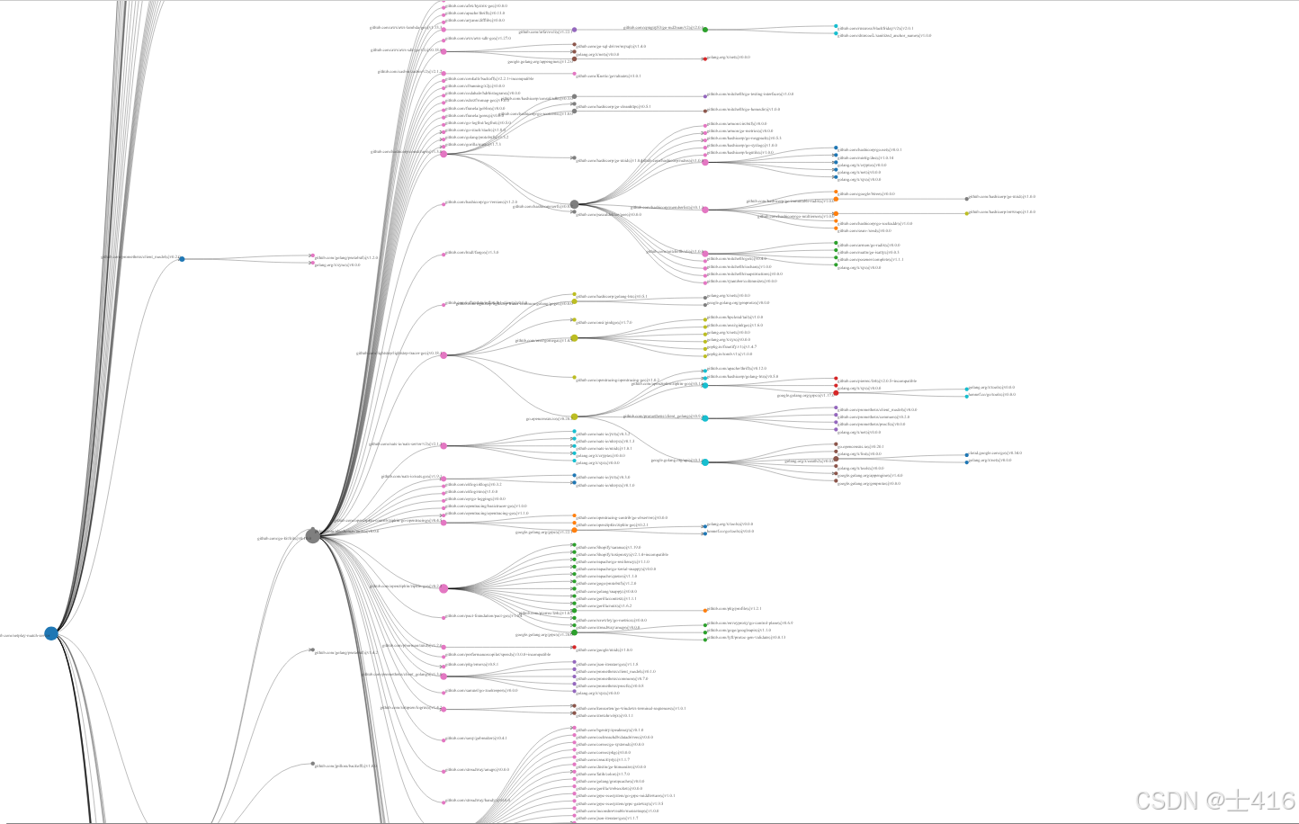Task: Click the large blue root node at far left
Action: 51,633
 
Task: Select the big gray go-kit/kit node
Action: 312,535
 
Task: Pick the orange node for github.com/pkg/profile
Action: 705,610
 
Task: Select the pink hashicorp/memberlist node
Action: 705,209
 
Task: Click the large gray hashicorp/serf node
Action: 574,205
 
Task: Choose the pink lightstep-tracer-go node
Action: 443,354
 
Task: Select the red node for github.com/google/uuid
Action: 574,647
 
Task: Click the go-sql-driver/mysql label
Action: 613,46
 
